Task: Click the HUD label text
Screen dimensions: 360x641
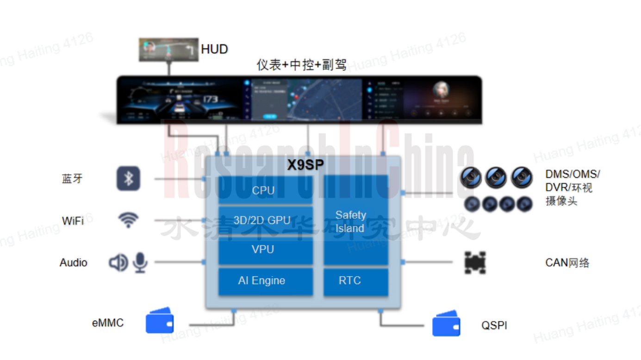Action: pos(214,49)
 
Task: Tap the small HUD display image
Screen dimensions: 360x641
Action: pos(168,50)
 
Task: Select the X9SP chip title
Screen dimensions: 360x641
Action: pos(305,165)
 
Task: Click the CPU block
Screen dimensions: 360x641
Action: pos(264,190)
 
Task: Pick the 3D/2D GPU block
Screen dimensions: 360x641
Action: pos(264,220)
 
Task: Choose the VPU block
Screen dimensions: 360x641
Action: pos(264,249)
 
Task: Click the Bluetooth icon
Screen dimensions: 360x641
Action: pos(128,179)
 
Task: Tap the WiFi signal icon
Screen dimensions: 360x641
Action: pos(128,220)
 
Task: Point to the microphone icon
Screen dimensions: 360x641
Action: pos(140,262)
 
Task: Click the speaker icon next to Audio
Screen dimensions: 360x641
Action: pos(118,262)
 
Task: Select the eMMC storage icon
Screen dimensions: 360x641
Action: pos(160,321)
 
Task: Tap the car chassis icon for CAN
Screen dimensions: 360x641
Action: pos(475,263)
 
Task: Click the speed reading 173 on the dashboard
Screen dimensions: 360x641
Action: pos(210,99)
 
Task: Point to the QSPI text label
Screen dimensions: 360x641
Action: pos(494,325)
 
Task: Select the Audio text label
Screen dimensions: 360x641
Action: pos(74,263)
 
